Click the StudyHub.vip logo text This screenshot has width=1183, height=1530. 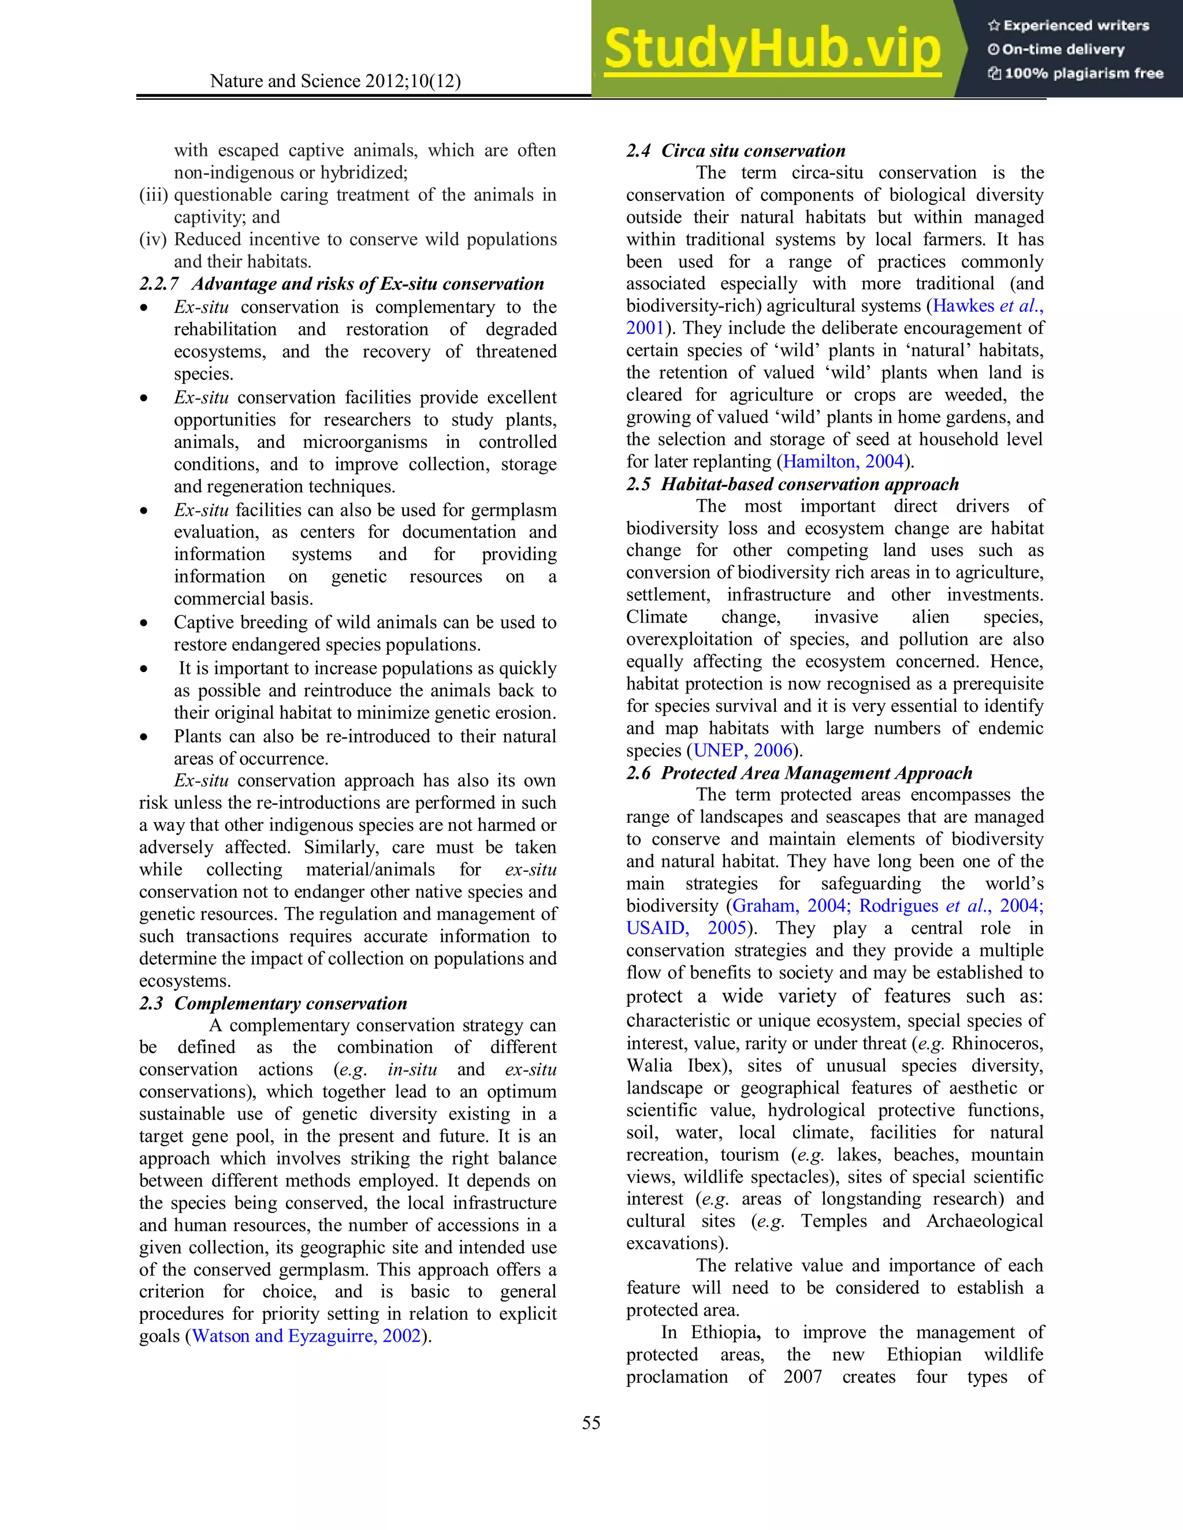(x=772, y=49)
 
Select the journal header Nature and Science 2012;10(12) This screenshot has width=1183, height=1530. (x=335, y=81)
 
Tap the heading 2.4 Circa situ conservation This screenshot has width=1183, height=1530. (x=736, y=151)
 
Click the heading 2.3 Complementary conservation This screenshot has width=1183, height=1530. (x=273, y=1003)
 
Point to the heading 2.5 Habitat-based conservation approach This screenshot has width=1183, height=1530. (x=792, y=484)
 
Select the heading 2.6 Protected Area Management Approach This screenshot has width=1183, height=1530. (x=799, y=773)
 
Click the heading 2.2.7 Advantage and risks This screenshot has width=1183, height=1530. (x=341, y=283)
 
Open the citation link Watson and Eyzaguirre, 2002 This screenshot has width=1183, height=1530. (x=306, y=1336)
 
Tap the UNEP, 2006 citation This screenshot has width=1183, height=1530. (x=742, y=751)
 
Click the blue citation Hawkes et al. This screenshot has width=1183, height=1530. (x=987, y=306)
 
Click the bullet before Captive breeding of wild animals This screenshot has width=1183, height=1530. (x=144, y=623)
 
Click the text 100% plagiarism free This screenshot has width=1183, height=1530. (x=1083, y=73)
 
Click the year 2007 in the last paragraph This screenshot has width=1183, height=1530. (x=802, y=1376)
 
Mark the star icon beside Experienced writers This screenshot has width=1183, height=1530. (x=993, y=26)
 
